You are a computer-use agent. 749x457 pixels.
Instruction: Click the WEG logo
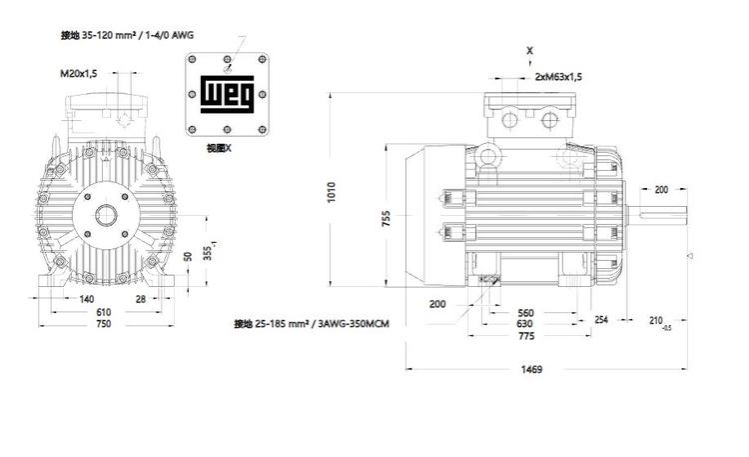(x=227, y=94)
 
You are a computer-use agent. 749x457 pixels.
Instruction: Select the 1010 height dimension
(x=332, y=192)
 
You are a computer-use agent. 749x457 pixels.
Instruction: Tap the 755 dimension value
(x=385, y=218)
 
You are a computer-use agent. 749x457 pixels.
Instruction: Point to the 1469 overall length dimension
(x=531, y=369)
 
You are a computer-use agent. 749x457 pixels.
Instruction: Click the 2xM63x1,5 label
(x=558, y=77)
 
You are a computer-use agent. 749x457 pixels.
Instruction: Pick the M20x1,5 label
(x=78, y=73)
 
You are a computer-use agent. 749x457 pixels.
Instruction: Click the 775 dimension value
(x=526, y=336)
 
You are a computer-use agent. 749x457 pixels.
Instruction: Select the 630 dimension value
(x=524, y=324)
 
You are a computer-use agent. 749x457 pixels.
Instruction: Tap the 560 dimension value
(x=525, y=313)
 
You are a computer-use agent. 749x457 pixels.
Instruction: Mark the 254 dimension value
(x=601, y=319)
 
